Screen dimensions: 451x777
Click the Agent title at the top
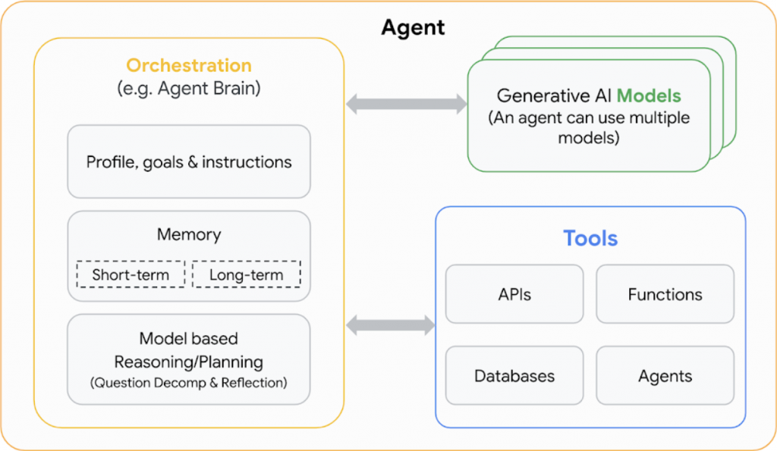413,28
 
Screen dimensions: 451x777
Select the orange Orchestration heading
189,65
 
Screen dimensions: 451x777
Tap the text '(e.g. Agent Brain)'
189,88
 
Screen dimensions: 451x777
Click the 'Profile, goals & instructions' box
189,161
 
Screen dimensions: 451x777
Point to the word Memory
189,234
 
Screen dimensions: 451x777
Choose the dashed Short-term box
131,274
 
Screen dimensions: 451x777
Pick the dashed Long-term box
246,274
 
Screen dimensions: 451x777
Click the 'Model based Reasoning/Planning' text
189,350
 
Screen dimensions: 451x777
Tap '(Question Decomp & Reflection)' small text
189,382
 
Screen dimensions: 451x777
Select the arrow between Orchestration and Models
406,105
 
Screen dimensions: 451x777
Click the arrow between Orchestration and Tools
390,326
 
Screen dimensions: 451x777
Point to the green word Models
648,96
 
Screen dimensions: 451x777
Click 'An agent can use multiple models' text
589,127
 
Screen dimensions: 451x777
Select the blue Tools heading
590,238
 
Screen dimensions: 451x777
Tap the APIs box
514,294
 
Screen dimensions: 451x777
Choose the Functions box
665,294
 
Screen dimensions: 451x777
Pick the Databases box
514,376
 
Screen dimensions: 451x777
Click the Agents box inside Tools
665,376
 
